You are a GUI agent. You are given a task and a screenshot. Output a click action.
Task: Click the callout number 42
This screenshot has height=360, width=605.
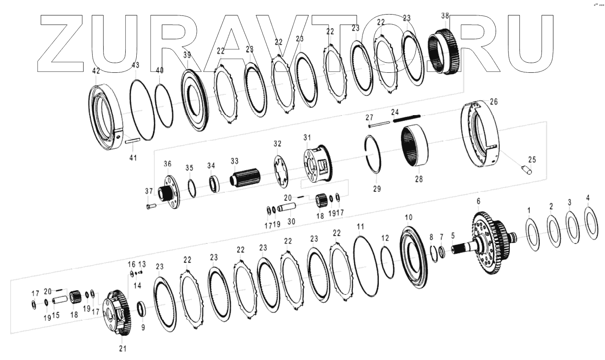coord(96,71)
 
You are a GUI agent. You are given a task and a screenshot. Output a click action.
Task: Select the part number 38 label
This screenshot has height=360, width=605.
coord(445,16)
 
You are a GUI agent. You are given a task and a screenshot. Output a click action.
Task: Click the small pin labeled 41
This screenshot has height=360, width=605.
coord(132,141)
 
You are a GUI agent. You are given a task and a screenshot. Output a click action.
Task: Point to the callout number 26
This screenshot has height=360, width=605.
coord(494,101)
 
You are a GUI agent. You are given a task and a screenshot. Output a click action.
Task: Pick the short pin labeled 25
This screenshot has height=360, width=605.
coord(527,170)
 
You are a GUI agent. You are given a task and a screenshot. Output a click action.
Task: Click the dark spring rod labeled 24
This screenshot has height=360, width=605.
coord(407,118)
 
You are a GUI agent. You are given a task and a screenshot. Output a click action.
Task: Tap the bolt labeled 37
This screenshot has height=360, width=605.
coord(151,206)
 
